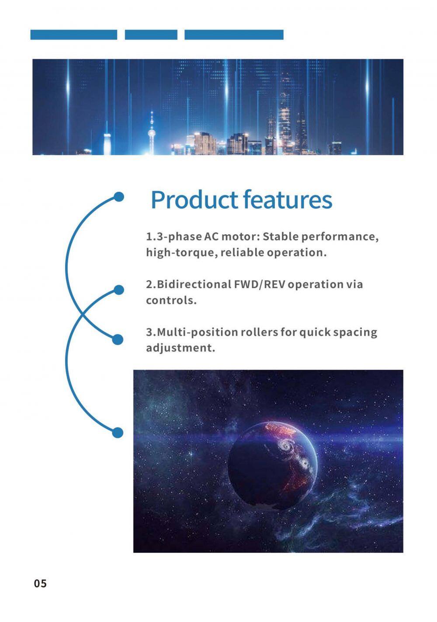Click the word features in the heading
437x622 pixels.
click(288, 199)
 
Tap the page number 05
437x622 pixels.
click(40, 584)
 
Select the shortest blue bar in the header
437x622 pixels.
click(151, 35)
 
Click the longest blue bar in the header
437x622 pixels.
click(234, 35)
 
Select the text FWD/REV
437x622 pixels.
click(260, 285)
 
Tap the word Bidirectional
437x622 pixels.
click(194, 285)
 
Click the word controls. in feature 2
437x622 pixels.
click(171, 300)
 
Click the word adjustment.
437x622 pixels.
click(180, 348)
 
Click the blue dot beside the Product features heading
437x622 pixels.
click(119, 197)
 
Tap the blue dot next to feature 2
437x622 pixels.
click(119, 290)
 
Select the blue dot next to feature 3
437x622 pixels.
click(118, 339)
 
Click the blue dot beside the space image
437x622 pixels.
click(118, 433)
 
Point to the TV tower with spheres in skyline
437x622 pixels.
click(151, 133)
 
